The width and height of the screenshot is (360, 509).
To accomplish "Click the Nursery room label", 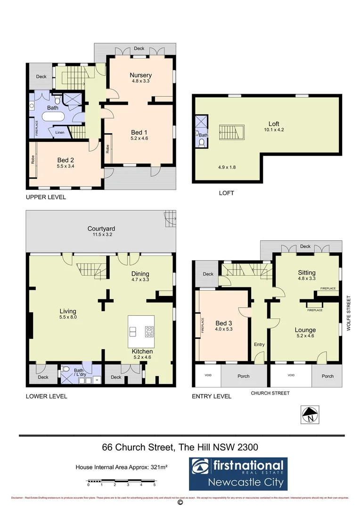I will [x=140, y=75].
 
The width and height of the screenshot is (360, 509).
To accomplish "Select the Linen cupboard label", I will [x=59, y=132].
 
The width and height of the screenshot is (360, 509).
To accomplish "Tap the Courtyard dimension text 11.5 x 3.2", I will [x=100, y=234].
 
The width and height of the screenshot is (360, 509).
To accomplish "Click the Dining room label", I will [x=140, y=273].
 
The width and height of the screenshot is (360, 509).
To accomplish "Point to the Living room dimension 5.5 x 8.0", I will [x=68, y=318].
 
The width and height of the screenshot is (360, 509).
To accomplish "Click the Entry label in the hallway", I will [x=259, y=345].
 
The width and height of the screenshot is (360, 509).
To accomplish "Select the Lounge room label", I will [x=305, y=330].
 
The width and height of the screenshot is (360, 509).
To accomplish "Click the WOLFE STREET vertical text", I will [x=349, y=313].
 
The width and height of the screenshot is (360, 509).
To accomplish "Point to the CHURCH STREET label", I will [x=270, y=393].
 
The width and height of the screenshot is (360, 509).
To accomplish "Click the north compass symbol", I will [x=310, y=415].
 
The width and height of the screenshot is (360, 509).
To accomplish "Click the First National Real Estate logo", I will [x=238, y=474].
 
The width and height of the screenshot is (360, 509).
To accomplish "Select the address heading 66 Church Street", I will [x=180, y=446].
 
